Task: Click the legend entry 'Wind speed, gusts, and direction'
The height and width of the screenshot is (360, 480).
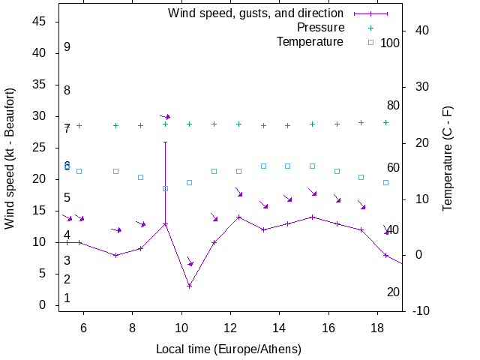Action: tap(255, 13)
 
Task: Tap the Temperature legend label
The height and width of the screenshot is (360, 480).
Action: tap(310, 41)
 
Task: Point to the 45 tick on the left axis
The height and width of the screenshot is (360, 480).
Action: tap(40, 22)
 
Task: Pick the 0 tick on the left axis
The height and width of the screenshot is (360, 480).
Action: tap(43, 305)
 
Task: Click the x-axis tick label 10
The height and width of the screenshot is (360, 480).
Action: tap(181, 327)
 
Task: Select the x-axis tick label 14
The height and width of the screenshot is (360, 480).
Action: tap(279, 327)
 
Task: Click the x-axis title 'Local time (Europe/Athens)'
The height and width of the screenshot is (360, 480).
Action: tap(228, 349)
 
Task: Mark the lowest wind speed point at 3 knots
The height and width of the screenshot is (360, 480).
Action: tap(190, 286)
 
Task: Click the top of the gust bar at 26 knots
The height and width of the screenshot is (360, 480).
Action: tap(165, 142)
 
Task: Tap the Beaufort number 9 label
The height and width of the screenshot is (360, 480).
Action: tap(67, 47)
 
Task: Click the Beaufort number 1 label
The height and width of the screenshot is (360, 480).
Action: tap(67, 298)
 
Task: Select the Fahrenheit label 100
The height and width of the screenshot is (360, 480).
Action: tap(390, 43)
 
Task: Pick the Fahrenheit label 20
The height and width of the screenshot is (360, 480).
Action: tap(393, 292)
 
